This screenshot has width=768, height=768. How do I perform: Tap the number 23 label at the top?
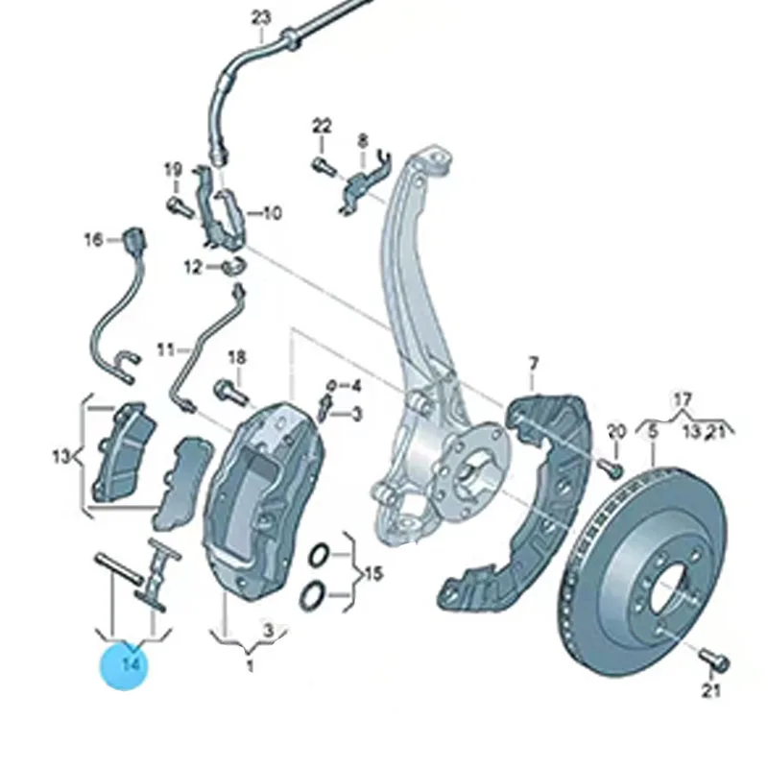pyautogui.click(x=262, y=16)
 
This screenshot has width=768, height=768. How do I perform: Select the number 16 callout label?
pyautogui.click(x=92, y=240)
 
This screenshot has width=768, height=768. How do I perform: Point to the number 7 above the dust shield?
pyautogui.click(x=534, y=362)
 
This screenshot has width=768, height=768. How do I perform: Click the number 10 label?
pyautogui.click(x=272, y=213)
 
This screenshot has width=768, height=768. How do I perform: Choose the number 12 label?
pyautogui.click(x=194, y=267)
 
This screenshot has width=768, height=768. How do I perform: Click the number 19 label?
pyautogui.click(x=173, y=171)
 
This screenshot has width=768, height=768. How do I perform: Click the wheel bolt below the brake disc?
pyautogui.click(x=714, y=660)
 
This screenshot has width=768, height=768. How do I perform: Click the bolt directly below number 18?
pyautogui.click(x=228, y=390)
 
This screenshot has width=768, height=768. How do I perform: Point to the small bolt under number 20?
pyautogui.click(x=609, y=468)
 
